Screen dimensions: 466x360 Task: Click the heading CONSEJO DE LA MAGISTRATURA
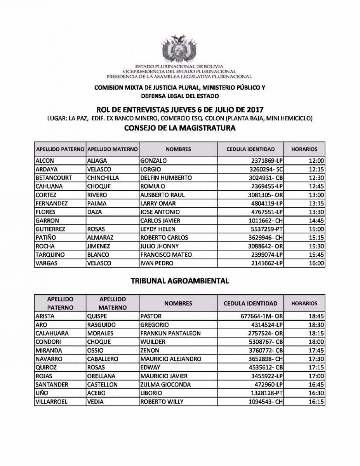tap(180, 128)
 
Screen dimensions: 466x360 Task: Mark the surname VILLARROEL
tap(51, 402)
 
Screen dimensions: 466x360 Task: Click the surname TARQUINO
tap(50, 255)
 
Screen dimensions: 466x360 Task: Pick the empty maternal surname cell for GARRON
tap(112, 221)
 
